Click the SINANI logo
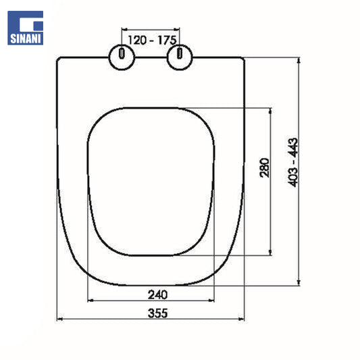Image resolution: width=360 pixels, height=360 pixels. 25,28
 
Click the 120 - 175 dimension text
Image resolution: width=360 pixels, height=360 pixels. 152,40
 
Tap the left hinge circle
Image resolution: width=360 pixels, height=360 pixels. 122,57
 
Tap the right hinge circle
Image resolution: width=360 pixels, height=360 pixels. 180,57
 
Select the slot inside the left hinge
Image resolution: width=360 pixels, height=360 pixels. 122,53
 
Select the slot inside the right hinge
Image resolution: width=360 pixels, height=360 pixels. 180,53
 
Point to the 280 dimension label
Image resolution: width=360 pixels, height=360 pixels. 265,168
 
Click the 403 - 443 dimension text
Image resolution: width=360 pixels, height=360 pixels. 292,163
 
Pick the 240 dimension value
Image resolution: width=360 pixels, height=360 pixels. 158,294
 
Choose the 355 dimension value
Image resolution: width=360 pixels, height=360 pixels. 158,313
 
